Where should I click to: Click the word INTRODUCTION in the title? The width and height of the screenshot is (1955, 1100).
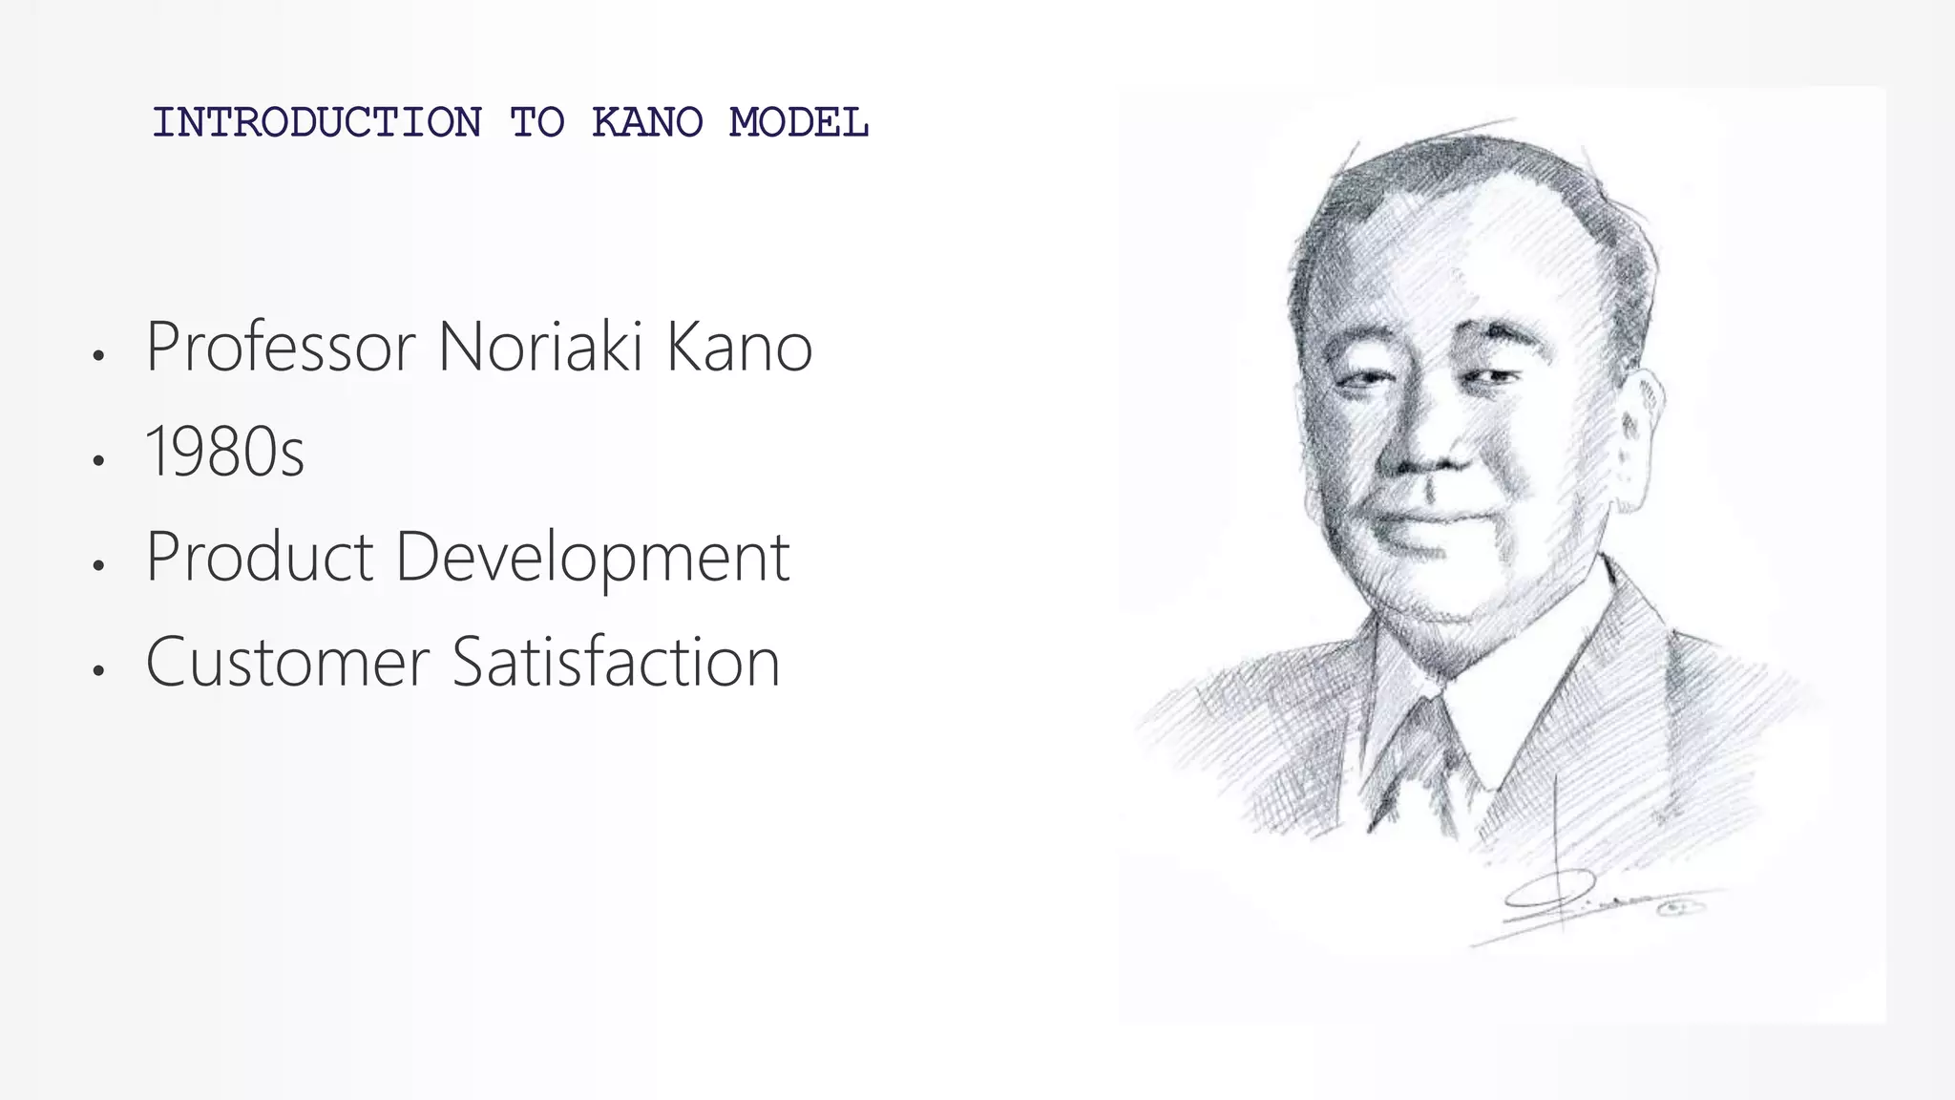pyautogui.click(x=317, y=123)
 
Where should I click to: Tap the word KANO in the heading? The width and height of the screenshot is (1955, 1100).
pyautogui.click(x=646, y=123)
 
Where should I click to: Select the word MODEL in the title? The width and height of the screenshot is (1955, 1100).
pyautogui.click(x=799, y=123)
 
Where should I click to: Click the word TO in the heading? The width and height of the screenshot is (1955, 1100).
pyautogui.click(x=536, y=123)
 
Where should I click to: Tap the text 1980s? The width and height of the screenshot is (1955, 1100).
pyautogui.click(x=225, y=452)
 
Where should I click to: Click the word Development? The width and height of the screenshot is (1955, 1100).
pyautogui.click(x=592, y=559)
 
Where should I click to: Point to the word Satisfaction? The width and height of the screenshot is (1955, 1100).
pyautogui.click(x=616, y=662)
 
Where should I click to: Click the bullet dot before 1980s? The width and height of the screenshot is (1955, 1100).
pyautogui.click(x=97, y=461)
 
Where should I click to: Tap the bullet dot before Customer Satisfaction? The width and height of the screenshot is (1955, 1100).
pyautogui.click(x=97, y=671)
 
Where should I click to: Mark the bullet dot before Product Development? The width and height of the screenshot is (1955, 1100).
pyautogui.click(x=97, y=566)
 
